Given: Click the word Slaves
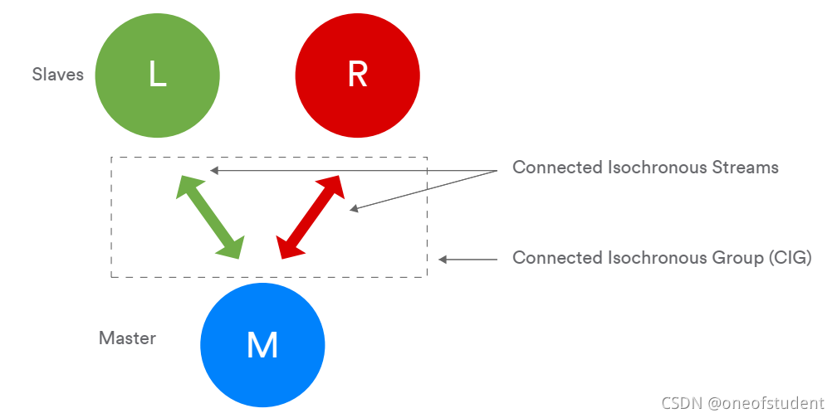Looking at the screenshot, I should tap(58, 75).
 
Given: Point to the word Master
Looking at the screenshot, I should tap(127, 338).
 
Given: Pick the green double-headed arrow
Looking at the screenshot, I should tap(210, 216).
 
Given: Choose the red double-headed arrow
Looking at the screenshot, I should tap(310, 216).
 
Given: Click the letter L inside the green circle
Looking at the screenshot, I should tap(158, 75).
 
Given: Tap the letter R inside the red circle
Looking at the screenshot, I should tap(357, 75).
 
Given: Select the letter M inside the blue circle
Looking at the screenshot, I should tap(262, 345).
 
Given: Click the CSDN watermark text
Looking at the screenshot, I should tap(682, 402).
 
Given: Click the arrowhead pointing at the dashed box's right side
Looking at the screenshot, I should tap(443, 260).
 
